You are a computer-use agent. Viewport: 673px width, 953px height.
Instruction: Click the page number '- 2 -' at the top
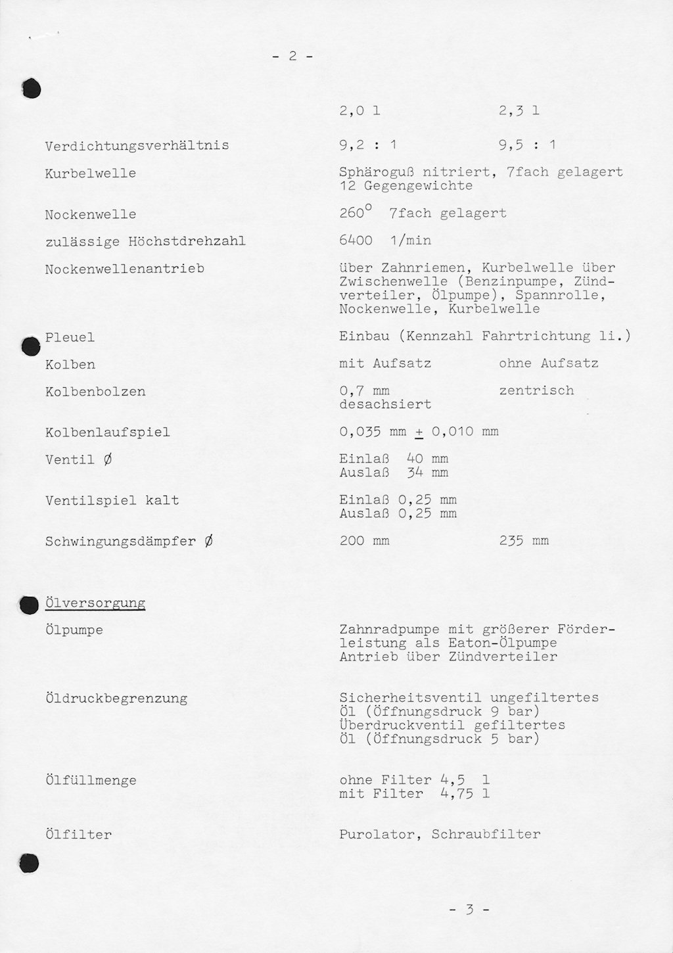[x=292, y=57]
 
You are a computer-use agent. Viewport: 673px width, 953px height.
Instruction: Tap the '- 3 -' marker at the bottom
[x=469, y=910]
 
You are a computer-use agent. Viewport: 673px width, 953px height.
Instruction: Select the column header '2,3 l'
[x=519, y=111]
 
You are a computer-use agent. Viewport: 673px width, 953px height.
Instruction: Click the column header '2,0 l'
[x=360, y=111]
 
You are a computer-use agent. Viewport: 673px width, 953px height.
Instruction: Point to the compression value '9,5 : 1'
[x=527, y=145]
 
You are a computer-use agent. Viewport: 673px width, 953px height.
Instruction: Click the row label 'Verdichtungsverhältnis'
[x=137, y=146]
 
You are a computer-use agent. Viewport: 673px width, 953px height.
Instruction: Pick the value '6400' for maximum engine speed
[x=356, y=241]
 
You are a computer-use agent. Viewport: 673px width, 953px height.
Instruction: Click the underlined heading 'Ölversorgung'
[x=95, y=603]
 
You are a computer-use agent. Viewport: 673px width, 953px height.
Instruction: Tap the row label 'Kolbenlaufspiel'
[x=107, y=432]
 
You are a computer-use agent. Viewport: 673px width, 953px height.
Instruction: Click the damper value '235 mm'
[x=524, y=541]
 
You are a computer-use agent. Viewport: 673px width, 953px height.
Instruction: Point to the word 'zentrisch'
[x=536, y=390]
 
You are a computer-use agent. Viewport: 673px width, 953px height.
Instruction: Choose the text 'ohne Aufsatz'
[x=549, y=363]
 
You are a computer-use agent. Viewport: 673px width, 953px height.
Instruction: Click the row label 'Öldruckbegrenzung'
[x=116, y=699]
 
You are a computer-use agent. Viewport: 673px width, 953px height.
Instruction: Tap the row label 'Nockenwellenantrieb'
[x=124, y=269]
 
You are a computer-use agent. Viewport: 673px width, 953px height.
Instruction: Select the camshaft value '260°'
[x=356, y=213]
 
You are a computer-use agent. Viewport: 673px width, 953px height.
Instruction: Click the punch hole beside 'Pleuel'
[x=30, y=346]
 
